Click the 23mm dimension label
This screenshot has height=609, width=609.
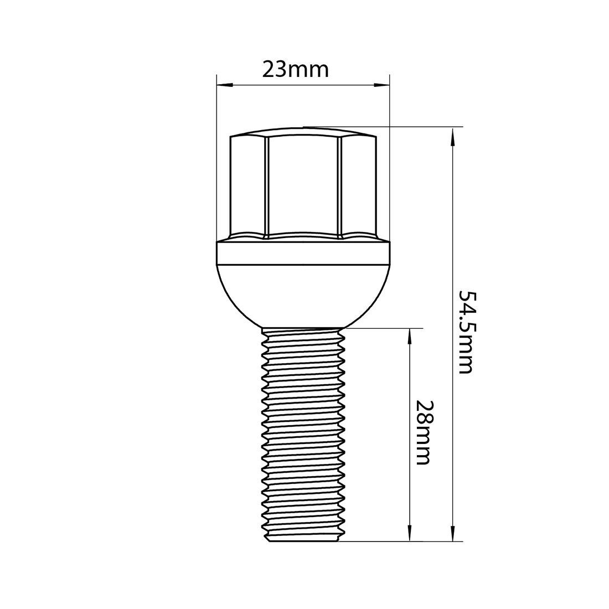tap(303, 70)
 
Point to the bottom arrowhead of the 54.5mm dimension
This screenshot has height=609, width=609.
tap(453, 534)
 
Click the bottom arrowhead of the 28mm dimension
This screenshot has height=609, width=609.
tap(410, 534)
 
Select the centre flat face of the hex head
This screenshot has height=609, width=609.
tap(302, 185)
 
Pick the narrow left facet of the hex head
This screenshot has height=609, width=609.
tap(248, 185)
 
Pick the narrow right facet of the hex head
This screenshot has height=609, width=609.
tap(358, 185)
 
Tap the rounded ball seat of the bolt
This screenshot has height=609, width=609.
tap(302, 296)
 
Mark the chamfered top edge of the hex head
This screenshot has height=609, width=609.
tap(302, 134)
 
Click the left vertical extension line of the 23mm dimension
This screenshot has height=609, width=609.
tap(216, 166)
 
